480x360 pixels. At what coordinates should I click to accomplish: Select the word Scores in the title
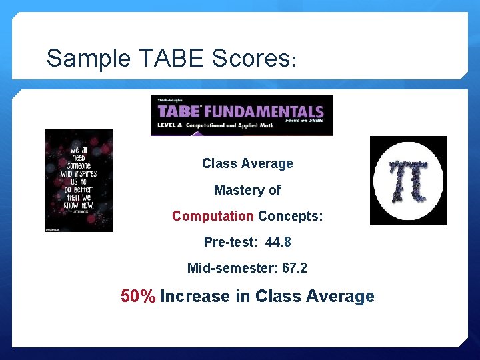[x=249, y=59]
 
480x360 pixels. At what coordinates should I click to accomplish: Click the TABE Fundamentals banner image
[x=241, y=115]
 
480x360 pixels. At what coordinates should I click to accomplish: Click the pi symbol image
[x=408, y=181]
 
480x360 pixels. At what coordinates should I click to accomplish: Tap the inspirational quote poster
[x=79, y=181]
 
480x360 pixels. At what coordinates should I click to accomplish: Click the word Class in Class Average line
[x=218, y=163]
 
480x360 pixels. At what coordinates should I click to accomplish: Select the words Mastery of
[x=247, y=190]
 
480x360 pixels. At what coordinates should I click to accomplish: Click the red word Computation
[x=213, y=216]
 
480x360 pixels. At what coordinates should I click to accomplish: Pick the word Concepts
[x=291, y=216]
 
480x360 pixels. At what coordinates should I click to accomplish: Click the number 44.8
[x=278, y=242]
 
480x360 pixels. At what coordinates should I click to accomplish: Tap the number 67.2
[x=295, y=268]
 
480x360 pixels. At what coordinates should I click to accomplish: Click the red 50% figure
[x=138, y=296]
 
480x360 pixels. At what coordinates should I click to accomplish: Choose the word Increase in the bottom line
[x=195, y=296]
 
